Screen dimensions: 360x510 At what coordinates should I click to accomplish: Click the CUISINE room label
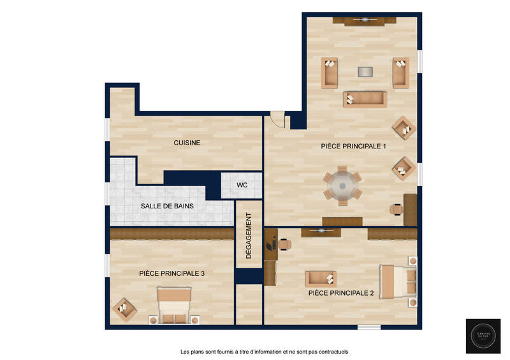[x=187, y=143]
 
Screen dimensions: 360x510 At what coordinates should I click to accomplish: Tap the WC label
[x=242, y=185]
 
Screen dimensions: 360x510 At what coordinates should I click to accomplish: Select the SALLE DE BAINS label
[x=167, y=206]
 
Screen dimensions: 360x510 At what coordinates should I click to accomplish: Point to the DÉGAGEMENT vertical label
[x=249, y=239]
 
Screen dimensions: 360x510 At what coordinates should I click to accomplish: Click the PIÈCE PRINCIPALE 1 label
[x=354, y=147]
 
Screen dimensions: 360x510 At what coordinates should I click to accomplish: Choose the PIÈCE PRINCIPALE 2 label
[x=341, y=293]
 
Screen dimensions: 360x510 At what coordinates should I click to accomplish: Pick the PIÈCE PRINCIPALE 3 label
[x=171, y=273]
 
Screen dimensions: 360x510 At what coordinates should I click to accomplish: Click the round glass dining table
[x=342, y=186]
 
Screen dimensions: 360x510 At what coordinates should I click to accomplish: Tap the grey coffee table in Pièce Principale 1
[x=365, y=71]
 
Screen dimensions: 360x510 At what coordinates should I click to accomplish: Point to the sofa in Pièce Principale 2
[x=321, y=278]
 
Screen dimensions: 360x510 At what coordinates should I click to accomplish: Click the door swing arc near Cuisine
[x=277, y=119]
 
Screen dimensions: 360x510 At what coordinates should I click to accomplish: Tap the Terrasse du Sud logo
[x=483, y=336]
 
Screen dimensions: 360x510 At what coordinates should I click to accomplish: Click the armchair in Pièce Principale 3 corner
[x=125, y=310]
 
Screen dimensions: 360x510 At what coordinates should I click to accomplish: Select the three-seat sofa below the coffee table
[x=365, y=99]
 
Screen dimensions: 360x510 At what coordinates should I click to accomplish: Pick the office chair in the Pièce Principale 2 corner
[x=283, y=243]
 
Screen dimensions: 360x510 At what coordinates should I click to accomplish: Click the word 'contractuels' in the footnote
[x=330, y=352]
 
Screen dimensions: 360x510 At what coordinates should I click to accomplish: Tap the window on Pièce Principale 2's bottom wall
[x=369, y=328]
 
